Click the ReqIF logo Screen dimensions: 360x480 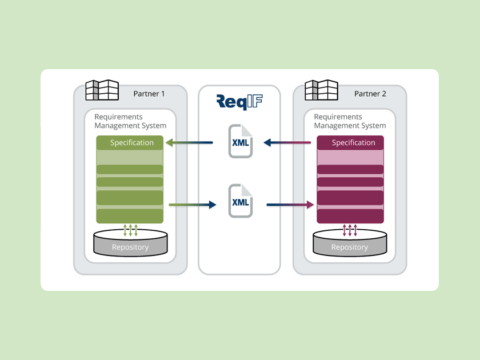pyautogui.click(x=239, y=102)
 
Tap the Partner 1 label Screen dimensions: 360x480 pyautogui.click(x=149, y=94)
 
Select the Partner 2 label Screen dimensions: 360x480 pyautogui.click(x=370, y=94)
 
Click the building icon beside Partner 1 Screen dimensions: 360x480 pyautogui.click(x=102, y=90)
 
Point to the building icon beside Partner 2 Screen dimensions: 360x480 pyautogui.click(x=321, y=90)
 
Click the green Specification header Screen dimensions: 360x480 pyautogui.click(x=131, y=142)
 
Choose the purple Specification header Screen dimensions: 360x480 pyautogui.click(x=350, y=142)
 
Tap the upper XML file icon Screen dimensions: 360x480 pyautogui.click(x=240, y=141)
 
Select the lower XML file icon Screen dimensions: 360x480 pyautogui.click(x=240, y=201)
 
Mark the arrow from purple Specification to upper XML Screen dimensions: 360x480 pyautogui.click(x=290, y=143)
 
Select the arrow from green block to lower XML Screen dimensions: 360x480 pyautogui.click(x=193, y=204)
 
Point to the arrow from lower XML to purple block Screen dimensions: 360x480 pyautogui.click(x=290, y=204)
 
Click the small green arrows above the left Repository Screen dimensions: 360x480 pyautogui.click(x=131, y=230)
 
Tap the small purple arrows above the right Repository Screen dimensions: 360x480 pyautogui.click(x=350, y=230)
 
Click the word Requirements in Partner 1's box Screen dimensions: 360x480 pyautogui.click(x=119, y=117)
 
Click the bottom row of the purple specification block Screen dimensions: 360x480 pyautogui.click(x=350, y=216)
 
